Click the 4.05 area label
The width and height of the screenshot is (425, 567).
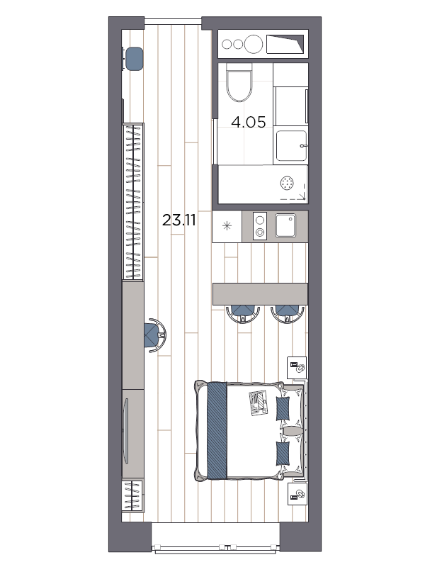[249, 122]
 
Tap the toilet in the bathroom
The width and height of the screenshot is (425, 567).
[239, 84]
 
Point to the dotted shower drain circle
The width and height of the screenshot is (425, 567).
[288, 183]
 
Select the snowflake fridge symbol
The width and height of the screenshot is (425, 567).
[227, 226]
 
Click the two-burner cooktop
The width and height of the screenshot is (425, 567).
[260, 226]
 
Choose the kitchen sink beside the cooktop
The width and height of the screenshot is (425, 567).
[288, 225]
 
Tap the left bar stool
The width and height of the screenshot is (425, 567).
[242, 313]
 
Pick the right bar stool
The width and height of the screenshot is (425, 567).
[286, 313]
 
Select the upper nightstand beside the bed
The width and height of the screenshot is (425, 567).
[297, 368]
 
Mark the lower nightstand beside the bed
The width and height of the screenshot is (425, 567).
[297, 493]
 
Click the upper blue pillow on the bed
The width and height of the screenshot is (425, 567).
[283, 408]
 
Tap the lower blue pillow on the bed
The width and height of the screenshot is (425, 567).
[283, 453]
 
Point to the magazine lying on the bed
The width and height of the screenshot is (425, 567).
[258, 403]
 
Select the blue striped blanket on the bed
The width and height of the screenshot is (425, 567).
[217, 430]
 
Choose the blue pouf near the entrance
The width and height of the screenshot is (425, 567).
[133, 59]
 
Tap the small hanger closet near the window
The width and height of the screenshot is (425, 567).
[132, 495]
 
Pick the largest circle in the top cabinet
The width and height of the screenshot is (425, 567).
[253, 44]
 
